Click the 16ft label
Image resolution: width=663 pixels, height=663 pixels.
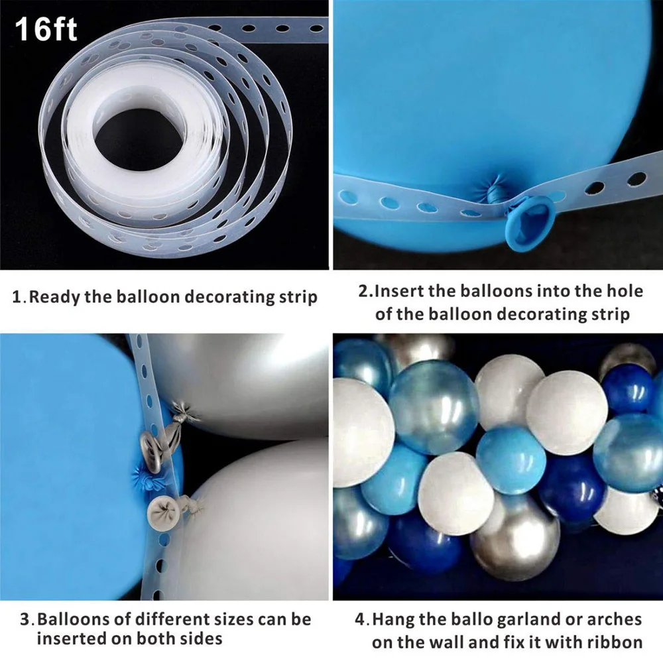coord(46,30)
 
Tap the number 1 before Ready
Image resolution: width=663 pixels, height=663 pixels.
coord(18,296)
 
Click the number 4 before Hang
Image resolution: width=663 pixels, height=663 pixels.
coord(360,620)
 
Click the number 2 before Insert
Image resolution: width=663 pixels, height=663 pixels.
coord(364,291)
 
